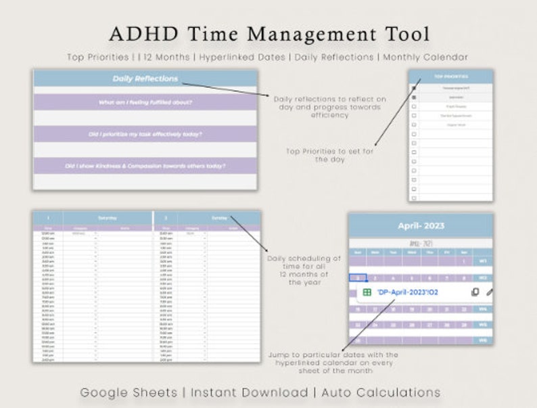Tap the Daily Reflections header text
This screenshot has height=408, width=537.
145,78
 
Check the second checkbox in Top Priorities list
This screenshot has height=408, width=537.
414,97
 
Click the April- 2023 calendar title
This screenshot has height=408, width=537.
420,225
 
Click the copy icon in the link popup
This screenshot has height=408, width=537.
475,292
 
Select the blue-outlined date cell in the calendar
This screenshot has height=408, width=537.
358,277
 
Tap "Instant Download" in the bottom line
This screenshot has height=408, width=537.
249,392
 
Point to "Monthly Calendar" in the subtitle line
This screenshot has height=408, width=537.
425,57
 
